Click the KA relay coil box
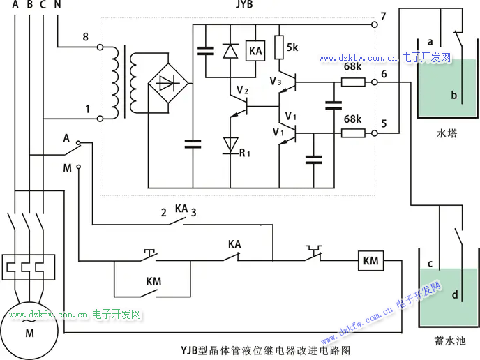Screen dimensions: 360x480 255,50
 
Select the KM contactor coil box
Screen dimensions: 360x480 371,261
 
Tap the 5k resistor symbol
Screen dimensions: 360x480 279,47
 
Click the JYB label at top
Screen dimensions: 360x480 244,6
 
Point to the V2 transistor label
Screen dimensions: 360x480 242,91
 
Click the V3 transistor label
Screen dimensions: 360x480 276,81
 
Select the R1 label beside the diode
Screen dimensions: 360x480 244,153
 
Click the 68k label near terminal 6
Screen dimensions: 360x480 352,68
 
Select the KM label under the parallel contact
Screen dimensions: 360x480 153,281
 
